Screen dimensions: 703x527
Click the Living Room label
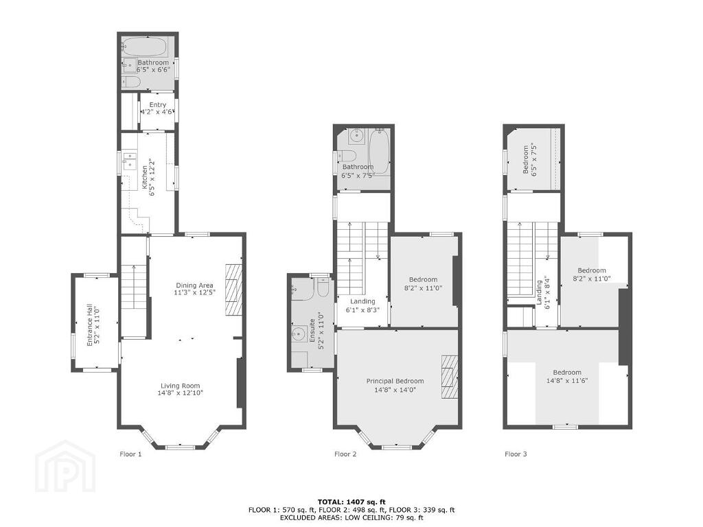pos(181,386)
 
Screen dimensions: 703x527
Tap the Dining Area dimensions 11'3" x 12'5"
pos(194,292)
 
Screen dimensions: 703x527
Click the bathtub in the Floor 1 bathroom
pos(146,46)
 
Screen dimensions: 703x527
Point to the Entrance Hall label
pos(89,325)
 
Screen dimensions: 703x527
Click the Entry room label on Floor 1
pos(158,104)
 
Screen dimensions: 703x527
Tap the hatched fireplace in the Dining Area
pos(233,290)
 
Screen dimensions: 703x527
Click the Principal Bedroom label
pos(395,381)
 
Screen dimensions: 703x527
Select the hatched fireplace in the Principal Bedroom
pos(450,377)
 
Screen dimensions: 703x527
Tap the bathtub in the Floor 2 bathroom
pos(379,151)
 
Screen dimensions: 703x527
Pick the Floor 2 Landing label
pos(362,301)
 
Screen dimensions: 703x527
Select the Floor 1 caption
pos(130,454)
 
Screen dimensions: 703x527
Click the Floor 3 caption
pos(516,454)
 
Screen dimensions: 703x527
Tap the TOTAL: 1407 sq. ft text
pos(351,502)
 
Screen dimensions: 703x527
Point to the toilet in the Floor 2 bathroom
pos(346,156)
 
